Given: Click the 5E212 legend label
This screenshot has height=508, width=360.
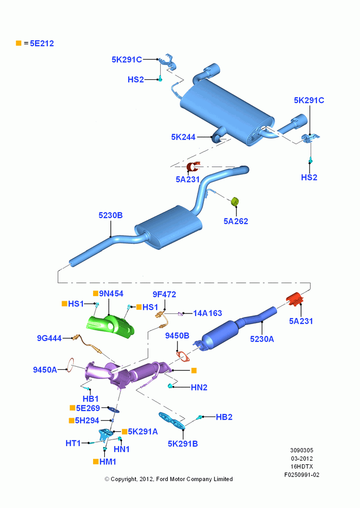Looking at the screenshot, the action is pyautogui.click(x=42, y=43).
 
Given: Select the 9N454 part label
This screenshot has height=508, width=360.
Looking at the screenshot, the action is pyautogui.click(x=111, y=294).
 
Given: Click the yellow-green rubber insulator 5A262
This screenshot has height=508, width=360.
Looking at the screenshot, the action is pyautogui.click(x=235, y=201).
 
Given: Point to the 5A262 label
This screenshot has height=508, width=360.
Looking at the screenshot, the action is pyautogui.click(x=236, y=221).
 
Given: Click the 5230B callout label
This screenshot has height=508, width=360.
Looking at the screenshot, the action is pyautogui.click(x=111, y=215).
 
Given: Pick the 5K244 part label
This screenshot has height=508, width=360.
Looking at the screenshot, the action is pyautogui.click(x=183, y=137).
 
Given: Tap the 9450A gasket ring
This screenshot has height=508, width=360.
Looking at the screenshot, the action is pyautogui.click(x=70, y=365).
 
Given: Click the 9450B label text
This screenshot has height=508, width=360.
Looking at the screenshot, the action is pyautogui.click(x=177, y=336).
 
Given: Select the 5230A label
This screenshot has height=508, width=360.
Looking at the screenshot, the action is pyautogui.click(x=262, y=339).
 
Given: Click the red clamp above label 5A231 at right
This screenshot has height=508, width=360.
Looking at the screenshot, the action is pyautogui.click(x=294, y=298).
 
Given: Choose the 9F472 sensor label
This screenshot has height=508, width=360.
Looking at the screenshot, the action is pyautogui.click(x=164, y=295).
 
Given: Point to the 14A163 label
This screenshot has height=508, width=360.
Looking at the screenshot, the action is pyautogui.click(x=207, y=313).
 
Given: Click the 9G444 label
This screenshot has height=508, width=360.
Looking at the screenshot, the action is pyautogui.click(x=49, y=338).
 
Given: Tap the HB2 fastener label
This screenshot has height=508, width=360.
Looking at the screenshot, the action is pyautogui.click(x=224, y=417).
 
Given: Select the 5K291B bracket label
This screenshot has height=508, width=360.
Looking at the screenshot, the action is pyautogui.click(x=183, y=444).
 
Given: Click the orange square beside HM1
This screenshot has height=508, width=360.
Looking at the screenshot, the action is pyautogui.click(x=96, y=461).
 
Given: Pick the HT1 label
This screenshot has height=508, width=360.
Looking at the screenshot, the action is pyautogui.click(x=73, y=443).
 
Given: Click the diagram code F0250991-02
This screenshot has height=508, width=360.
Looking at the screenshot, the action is pyautogui.click(x=302, y=475).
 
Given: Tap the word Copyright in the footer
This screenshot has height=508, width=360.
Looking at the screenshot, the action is pyautogui.click(x=124, y=479).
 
